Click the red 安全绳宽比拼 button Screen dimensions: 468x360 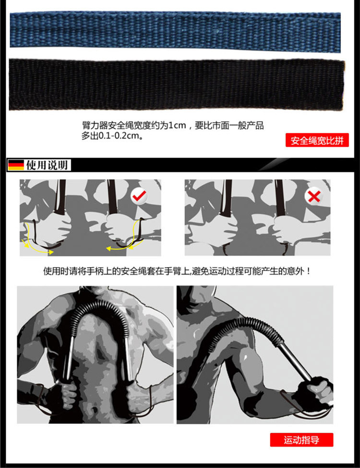point(317,141)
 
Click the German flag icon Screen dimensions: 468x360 point(16,165)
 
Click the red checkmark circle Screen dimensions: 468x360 point(140,196)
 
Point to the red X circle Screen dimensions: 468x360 point(314,196)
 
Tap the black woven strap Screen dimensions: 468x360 point(175,84)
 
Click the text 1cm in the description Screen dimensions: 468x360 point(179,126)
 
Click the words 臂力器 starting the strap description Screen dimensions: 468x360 point(94,126)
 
